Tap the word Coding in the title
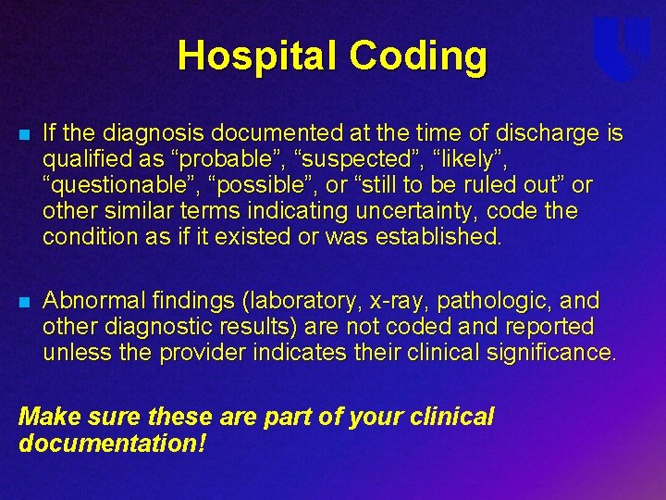click(418, 56)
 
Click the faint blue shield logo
click(621, 47)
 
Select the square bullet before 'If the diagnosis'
click(25, 135)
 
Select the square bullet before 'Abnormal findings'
click(25, 302)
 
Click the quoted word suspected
click(356, 159)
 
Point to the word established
click(438, 236)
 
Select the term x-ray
click(397, 302)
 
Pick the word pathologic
click(494, 301)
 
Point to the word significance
click(550, 353)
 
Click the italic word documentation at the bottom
click(112, 443)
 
